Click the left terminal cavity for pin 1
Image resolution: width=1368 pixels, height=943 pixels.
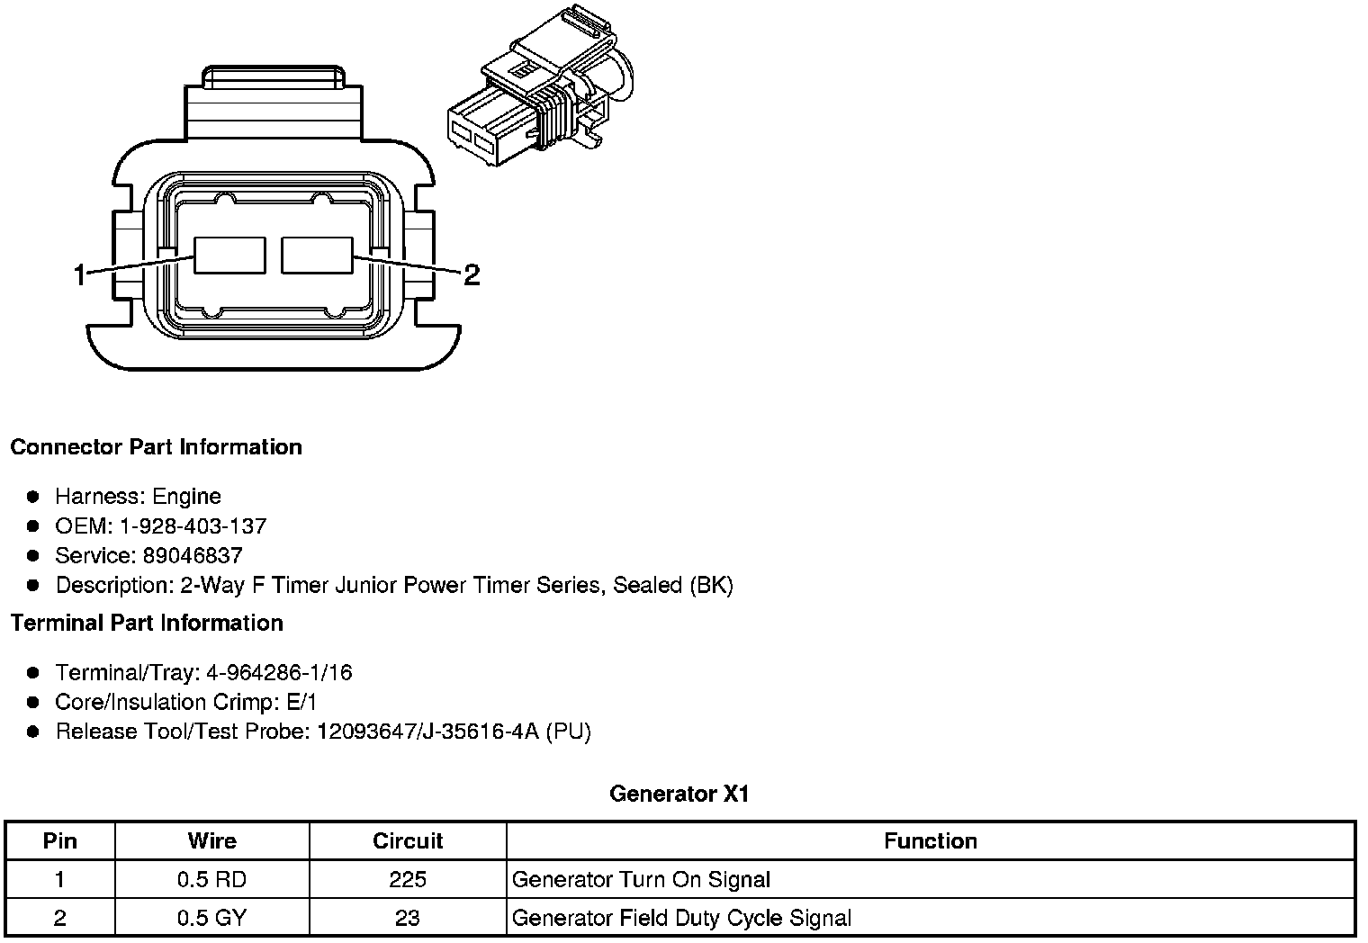[230, 255]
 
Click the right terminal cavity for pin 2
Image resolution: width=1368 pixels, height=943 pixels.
[317, 255]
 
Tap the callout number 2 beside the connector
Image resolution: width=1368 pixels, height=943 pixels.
[471, 274]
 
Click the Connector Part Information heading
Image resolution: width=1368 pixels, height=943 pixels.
[156, 447]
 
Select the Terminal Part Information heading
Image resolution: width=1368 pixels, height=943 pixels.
[147, 623]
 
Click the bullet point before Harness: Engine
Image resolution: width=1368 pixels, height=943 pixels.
[33, 497]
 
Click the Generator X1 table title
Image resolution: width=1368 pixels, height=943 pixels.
[679, 794]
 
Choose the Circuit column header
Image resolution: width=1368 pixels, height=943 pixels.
[408, 840]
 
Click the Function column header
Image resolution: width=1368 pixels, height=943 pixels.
[931, 840]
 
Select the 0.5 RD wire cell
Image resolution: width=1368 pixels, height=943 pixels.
[211, 879]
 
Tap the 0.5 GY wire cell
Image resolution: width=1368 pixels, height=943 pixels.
[211, 918]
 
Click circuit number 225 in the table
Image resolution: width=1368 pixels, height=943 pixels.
[408, 879]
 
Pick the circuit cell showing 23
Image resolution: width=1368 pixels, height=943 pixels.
[408, 918]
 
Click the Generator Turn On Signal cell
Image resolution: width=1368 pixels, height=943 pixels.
[641, 879]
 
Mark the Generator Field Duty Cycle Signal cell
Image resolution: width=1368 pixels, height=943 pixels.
[681, 918]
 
